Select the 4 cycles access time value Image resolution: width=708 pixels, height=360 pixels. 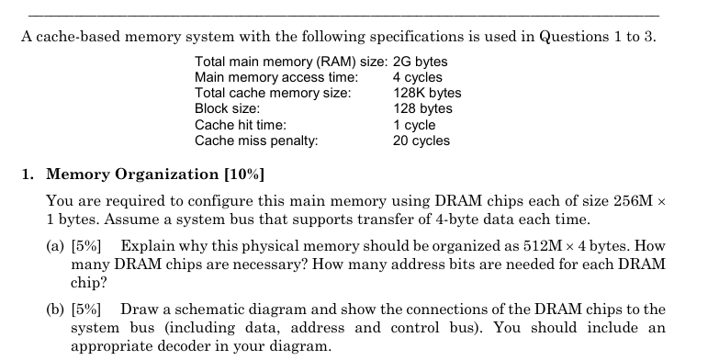417,77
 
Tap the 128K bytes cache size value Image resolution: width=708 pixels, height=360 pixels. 427,93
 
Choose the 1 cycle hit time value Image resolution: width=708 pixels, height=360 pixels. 414,124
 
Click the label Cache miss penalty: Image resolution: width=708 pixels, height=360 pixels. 257,140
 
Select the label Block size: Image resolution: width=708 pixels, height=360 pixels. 227,108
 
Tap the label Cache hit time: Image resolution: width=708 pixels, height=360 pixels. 241,124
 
